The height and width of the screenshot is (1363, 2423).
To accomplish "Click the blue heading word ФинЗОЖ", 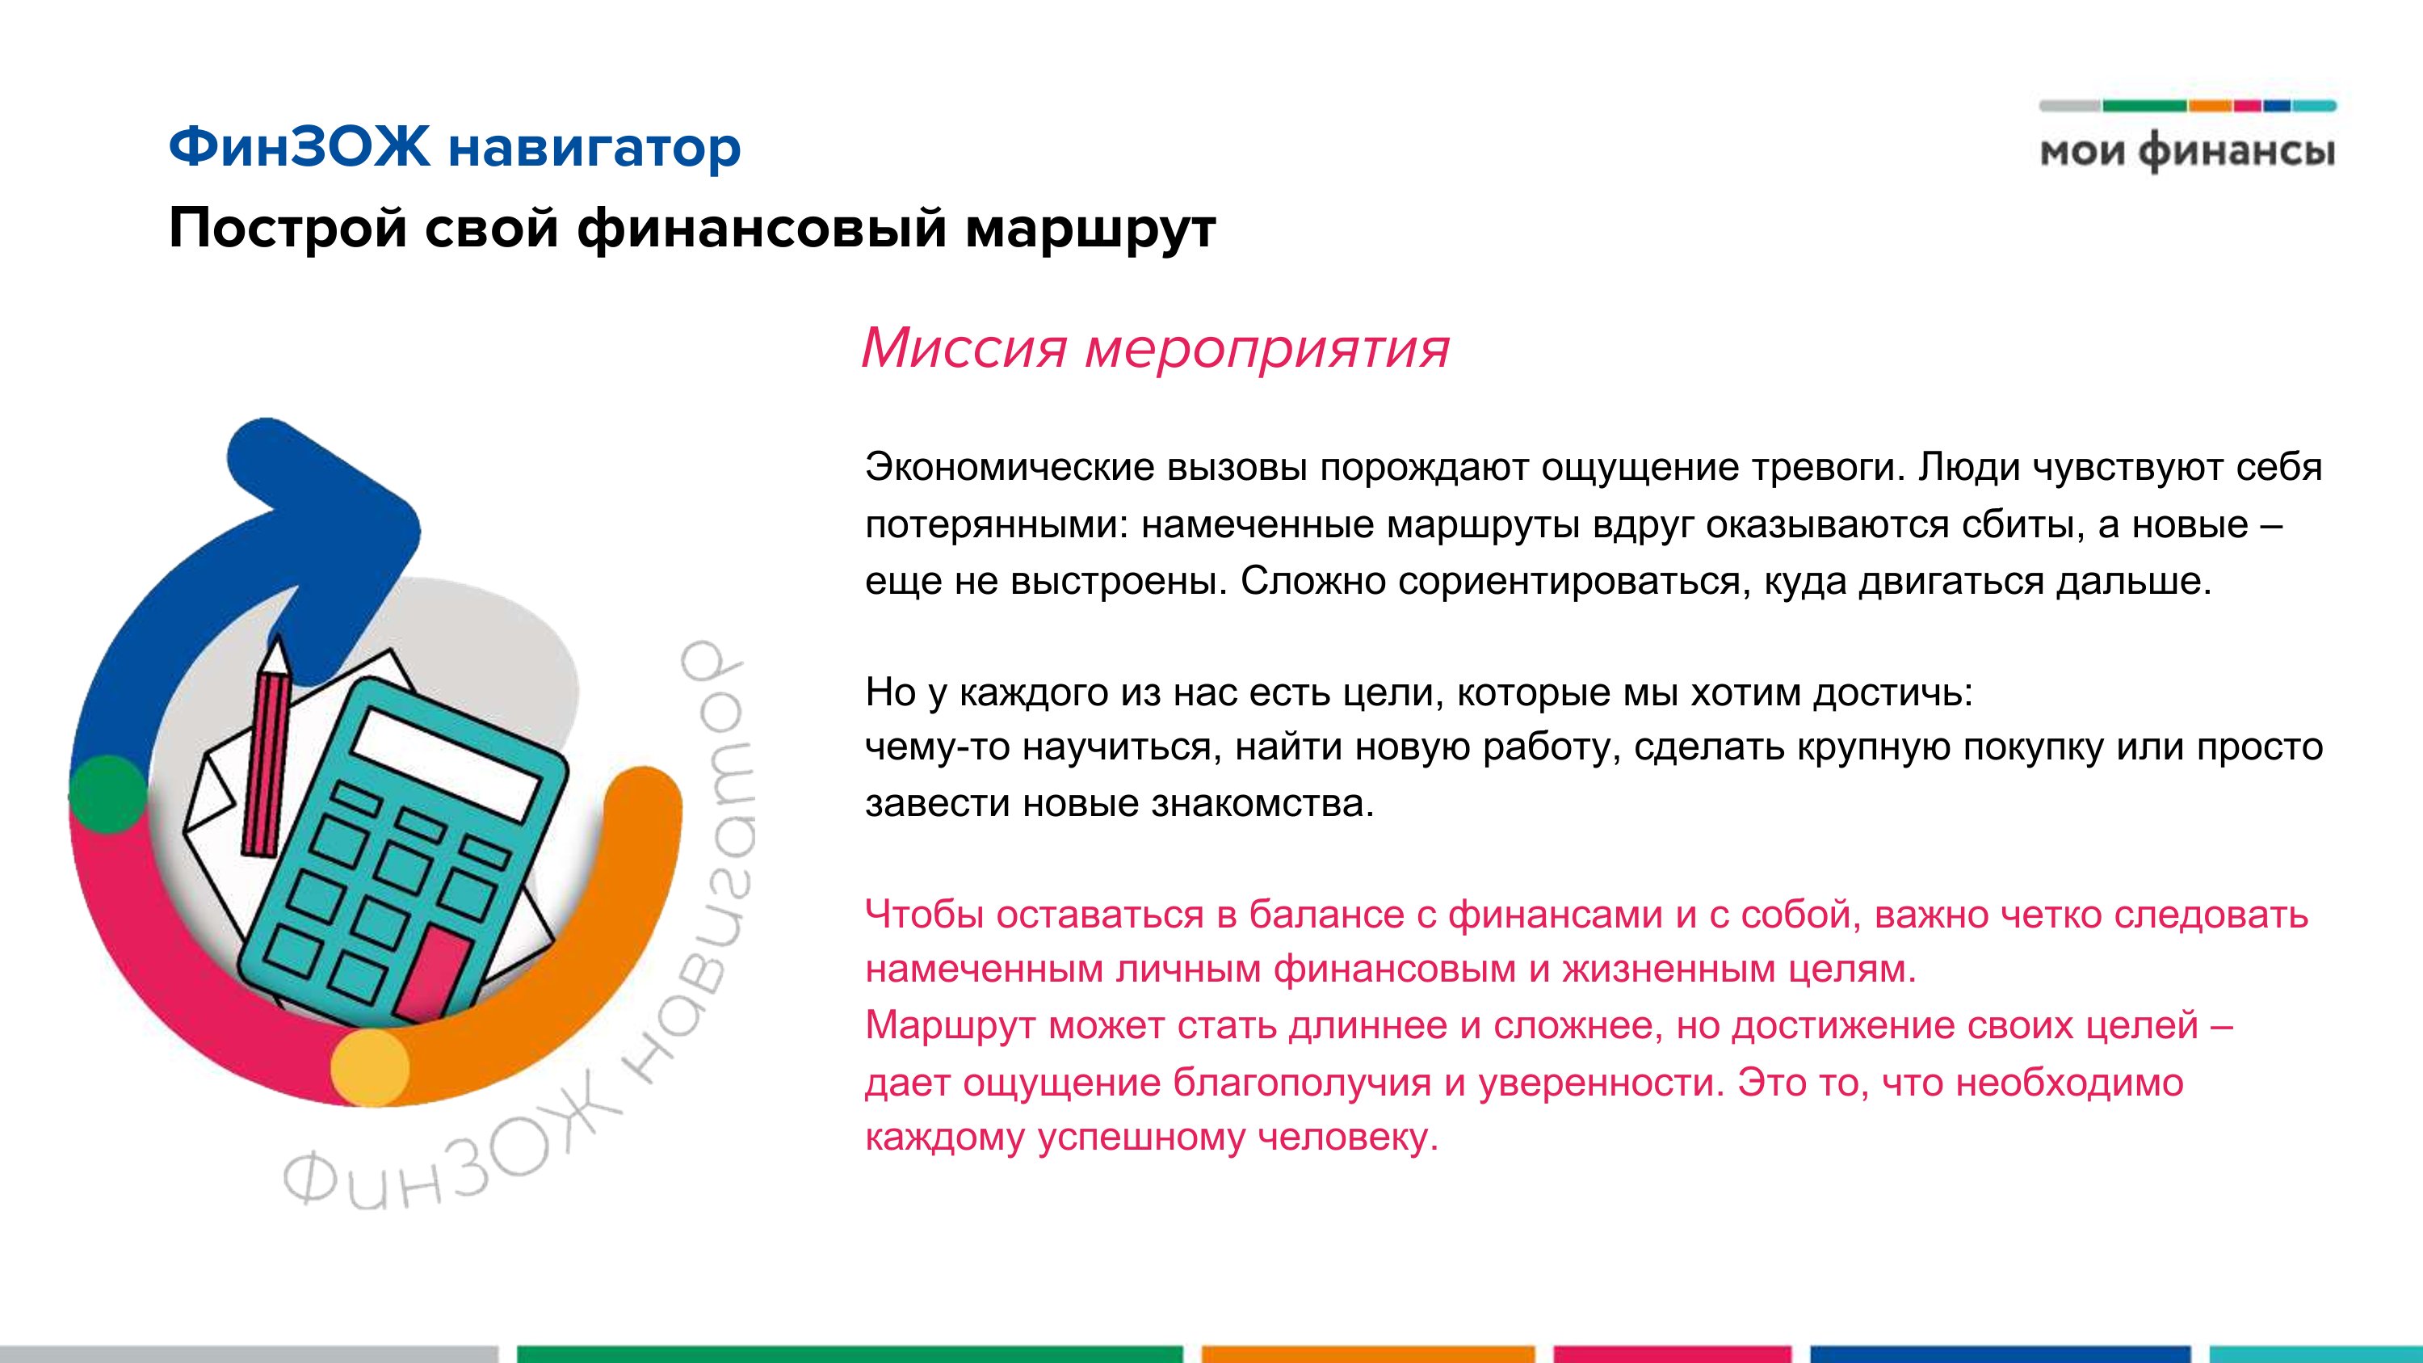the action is pos(298,148).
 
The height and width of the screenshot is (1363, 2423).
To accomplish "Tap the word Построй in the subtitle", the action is pos(288,229).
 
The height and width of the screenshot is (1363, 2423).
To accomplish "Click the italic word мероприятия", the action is pos(1268,351).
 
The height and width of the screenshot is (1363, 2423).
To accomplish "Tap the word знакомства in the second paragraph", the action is pos(1263,803).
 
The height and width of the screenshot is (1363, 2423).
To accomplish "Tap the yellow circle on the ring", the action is pos(370,1067).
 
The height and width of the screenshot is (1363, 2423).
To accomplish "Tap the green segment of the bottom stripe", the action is pos(850,1355).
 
